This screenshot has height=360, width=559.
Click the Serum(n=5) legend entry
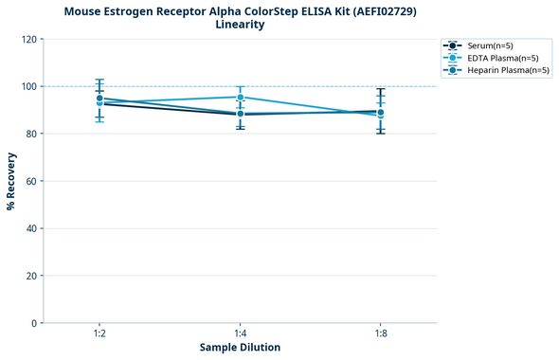[x=489, y=45]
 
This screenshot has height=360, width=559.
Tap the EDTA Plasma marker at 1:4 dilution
[x=241, y=98]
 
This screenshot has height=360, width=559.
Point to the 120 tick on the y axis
[x=29, y=39]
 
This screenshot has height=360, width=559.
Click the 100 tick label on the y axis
[x=29, y=86]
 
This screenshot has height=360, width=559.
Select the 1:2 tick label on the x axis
[x=99, y=334]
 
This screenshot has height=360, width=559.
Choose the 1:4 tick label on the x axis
[x=241, y=334]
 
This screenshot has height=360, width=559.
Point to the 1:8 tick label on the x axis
[x=381, y=334]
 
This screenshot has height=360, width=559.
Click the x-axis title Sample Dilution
[x=240, y=348]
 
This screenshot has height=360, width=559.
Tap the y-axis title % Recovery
[x=11, y=180]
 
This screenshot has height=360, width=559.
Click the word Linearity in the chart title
[x=240, y=25]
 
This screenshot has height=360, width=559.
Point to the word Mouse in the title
[x=85, y=11]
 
